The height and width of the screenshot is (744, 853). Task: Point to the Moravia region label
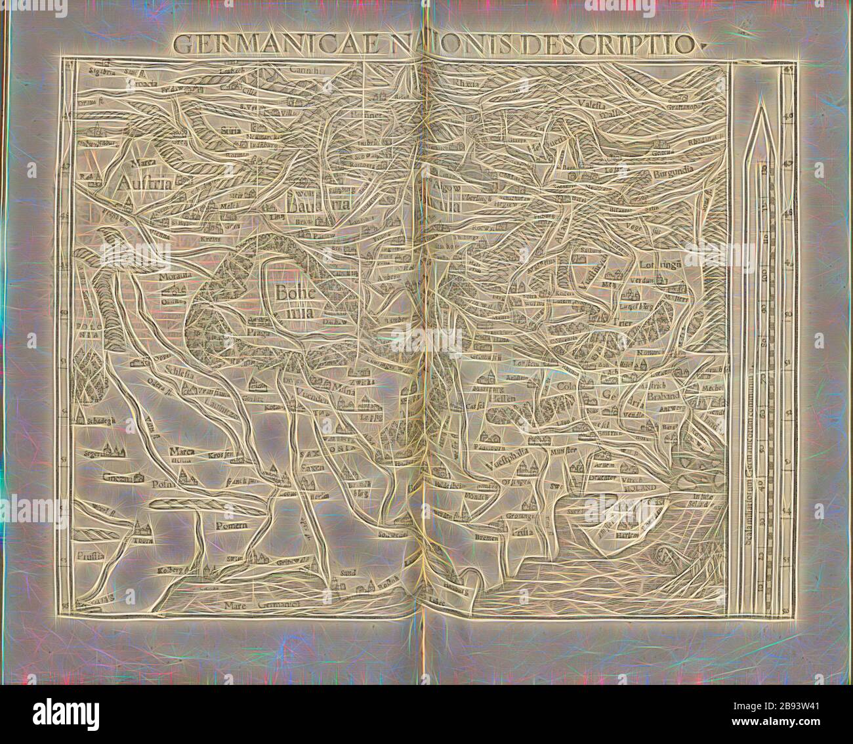(173, 277)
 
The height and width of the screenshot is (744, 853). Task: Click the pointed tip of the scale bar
(759, 107)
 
